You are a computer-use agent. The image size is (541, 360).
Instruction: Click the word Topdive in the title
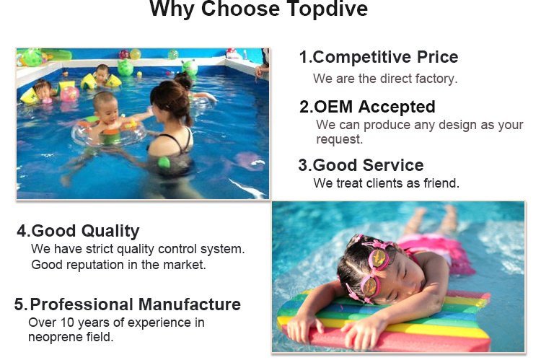[327, 9]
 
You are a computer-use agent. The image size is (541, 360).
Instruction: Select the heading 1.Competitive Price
[379, 57]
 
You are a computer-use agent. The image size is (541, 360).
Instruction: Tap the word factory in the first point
[436, 79]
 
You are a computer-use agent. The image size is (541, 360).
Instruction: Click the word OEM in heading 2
[333, 107]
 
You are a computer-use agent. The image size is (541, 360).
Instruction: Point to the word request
[340, 139]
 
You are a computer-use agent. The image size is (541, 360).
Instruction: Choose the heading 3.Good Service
[361, 165]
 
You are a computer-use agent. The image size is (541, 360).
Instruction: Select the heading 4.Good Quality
[79, 232]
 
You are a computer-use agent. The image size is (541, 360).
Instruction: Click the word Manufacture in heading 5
[190, 304]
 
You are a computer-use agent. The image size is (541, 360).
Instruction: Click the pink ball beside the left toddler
[70, 94]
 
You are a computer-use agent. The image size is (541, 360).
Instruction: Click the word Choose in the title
[240, 9]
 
